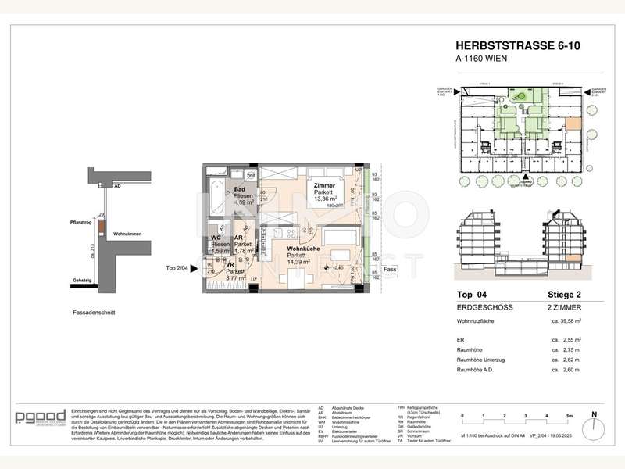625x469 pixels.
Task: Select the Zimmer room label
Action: (324, 185)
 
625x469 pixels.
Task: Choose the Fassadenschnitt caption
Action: (91, 312)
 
